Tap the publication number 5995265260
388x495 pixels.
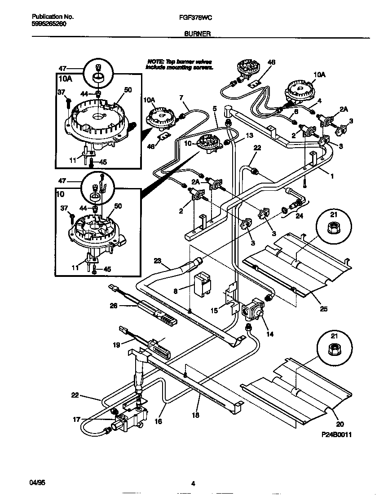(49, 24)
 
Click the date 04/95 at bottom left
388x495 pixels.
(38, 482)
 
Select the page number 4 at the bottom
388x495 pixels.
(193, 483)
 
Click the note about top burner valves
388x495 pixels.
(179, 64)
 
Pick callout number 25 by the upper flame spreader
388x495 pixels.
(324, 309)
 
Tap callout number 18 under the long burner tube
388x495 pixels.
(195, 416)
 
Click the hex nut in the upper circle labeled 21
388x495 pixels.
(333, 228)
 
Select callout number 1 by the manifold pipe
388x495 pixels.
(332, 176)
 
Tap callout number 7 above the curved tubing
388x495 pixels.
(181, 97)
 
